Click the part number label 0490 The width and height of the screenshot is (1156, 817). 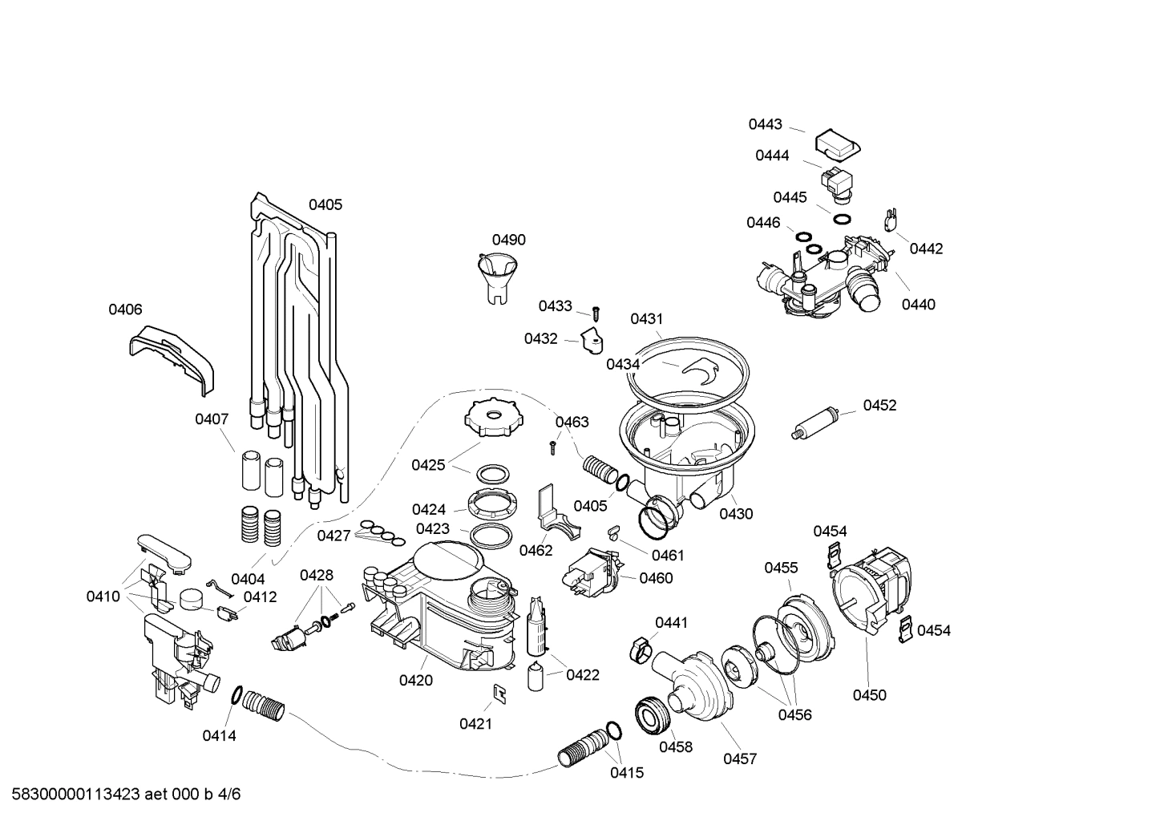point(508,240)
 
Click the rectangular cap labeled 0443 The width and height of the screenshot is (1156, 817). point(837,145)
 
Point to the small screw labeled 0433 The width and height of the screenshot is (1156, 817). point(596,312)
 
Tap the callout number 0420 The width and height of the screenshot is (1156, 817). point(415,681)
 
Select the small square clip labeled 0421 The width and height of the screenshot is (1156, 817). point(499,694)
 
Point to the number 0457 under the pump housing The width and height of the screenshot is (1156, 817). point(739,758)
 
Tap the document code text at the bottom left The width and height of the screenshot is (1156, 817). point(121,795)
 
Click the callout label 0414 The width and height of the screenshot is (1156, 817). point(219,735)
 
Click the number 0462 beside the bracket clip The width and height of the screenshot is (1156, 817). point(536,550)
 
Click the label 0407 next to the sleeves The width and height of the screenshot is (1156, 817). point(212,419)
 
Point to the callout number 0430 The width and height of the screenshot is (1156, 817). point(736,514)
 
